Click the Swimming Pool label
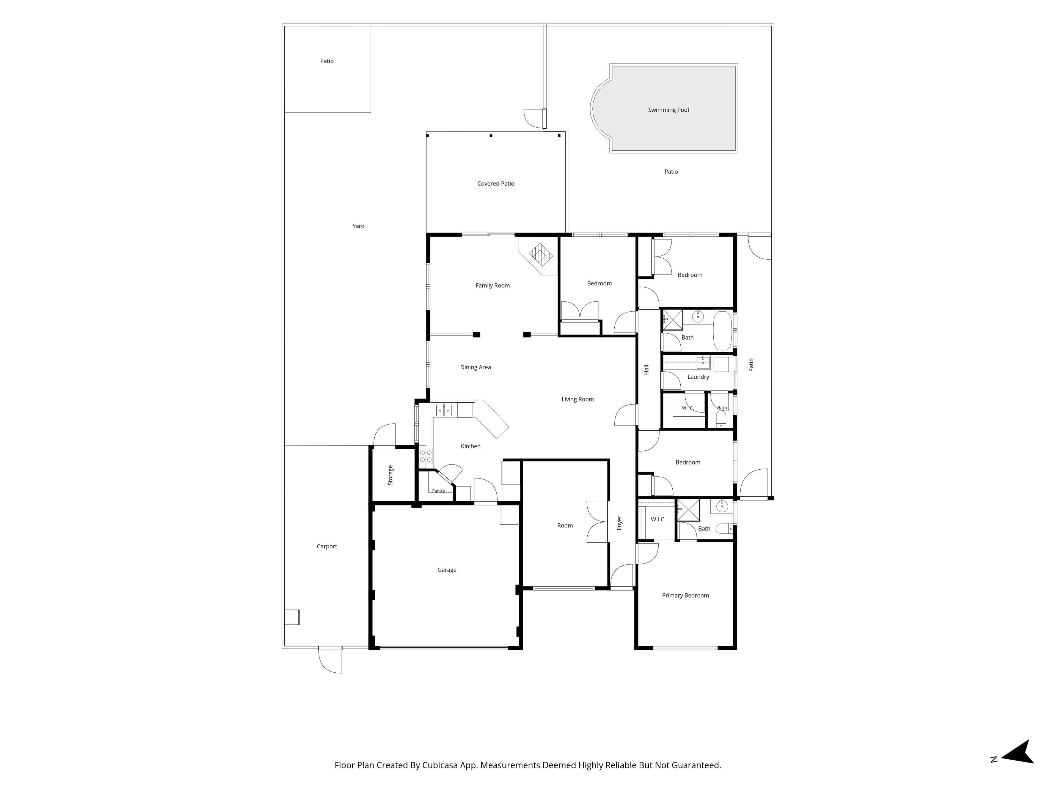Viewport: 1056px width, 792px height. [x=668, y=110]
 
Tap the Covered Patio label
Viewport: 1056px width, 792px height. [x=496, y=183]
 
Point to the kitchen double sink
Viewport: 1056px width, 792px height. [x=444, y=410]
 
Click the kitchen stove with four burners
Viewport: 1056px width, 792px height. [x=426, y=456]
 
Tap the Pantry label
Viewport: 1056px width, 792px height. [x=438, y=491]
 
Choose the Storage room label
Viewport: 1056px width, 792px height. [x=391, y=475]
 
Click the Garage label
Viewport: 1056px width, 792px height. [x=447, y=570]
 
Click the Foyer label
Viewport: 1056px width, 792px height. [x=619, y=523]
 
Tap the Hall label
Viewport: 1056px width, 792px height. [x=647, y=370]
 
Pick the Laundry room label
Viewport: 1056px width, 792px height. [x=698, y=377]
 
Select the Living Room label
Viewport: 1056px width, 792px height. [x=578, y=399]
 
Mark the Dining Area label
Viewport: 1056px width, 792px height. [x=475, y=367]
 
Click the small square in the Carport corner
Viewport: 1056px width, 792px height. [x=292, y=617]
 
